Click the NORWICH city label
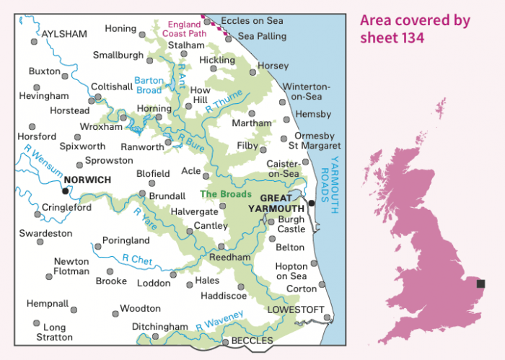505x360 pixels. click(87, 180)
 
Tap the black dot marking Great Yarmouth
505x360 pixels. click(312, 203)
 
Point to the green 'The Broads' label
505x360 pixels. click(225, 194)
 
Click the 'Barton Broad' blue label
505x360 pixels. click(149, 85)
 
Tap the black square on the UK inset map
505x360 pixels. click(481, 284)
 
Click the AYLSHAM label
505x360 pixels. click(64, 34)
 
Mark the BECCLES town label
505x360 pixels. click(252, 341)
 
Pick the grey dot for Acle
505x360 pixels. click(206, 175)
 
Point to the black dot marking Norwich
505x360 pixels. click(66, 191)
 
